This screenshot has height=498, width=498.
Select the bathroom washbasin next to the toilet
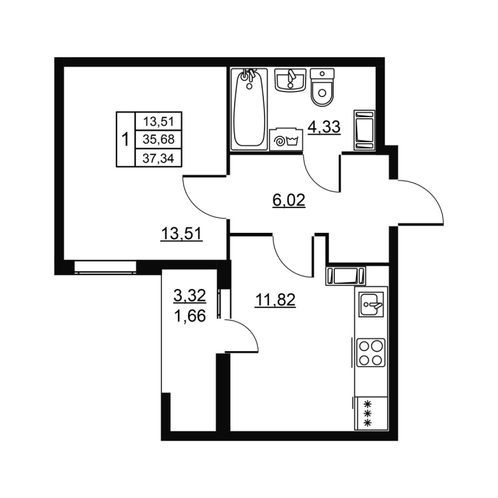pos(288,80)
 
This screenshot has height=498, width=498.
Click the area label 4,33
pos(324,128)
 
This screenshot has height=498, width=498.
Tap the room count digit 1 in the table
pos(125,139)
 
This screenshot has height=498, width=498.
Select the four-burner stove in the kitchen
pos(370,353)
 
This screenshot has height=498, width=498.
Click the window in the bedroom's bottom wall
pos(105,266)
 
